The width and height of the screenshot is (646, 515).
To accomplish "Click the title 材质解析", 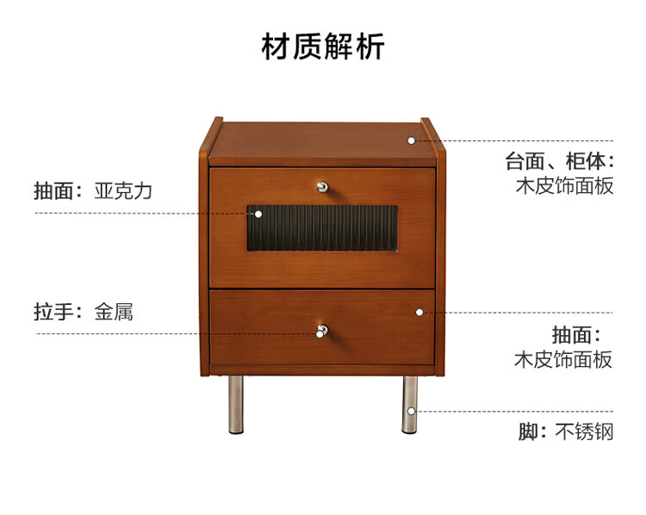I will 323,46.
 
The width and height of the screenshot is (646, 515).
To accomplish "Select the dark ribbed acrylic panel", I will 322,228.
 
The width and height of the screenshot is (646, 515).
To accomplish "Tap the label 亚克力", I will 123,191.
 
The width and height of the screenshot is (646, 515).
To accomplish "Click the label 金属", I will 114,311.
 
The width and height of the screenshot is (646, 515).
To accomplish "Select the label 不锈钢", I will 584,431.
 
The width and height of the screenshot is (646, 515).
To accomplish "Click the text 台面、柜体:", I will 559,161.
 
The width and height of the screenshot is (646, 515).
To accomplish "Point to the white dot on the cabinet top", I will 412,140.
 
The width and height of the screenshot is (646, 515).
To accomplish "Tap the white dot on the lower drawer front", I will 419,312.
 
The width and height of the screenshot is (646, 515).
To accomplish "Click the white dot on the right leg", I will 411,411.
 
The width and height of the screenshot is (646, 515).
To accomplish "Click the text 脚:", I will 532,431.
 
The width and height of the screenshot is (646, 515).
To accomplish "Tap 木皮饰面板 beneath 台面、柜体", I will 564,185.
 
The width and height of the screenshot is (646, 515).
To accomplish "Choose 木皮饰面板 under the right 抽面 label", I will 563,359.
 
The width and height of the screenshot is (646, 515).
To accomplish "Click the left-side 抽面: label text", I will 59,191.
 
